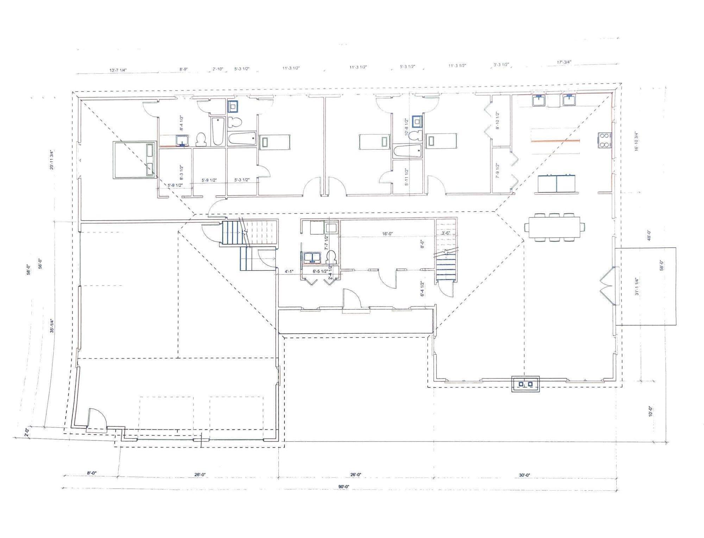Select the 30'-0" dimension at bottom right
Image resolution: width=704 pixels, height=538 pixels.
tap(524, 475)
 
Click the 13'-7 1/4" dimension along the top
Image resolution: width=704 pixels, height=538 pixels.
tap(118, 70)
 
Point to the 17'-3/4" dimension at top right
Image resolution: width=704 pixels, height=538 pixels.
tap(564, 62)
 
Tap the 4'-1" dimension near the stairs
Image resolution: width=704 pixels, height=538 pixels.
tap(289, 271)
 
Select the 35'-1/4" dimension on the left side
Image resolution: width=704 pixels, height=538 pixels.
tap(52, 326)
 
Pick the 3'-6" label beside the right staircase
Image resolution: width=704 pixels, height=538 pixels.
tap(446, 233)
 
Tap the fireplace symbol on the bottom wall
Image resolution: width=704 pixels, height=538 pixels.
tap(525, 384)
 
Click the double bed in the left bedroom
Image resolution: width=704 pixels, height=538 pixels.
tap(134, 160)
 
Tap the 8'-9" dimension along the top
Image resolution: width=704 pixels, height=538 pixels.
tap(183, 69)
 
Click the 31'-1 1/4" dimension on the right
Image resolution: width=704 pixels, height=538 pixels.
tap(637, 286)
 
